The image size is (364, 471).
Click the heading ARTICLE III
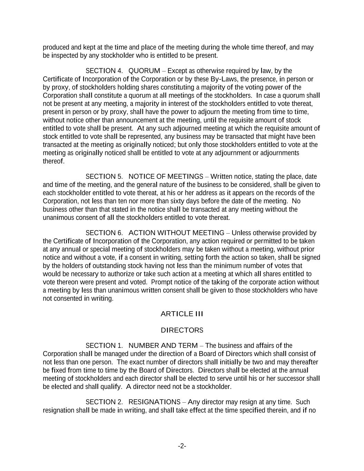[182, 314]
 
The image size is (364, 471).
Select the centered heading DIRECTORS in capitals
[182, 330]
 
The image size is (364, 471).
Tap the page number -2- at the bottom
[182, 446]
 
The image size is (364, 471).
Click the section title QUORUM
[144, 71]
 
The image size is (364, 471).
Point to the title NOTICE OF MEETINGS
[166, 176]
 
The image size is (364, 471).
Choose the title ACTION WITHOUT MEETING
[176, 233]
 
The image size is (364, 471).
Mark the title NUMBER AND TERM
[163, 345]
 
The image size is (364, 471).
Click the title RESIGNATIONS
[154, 402]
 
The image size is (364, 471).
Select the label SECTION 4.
[104, 71]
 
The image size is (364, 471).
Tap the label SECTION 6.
[104, 233]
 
